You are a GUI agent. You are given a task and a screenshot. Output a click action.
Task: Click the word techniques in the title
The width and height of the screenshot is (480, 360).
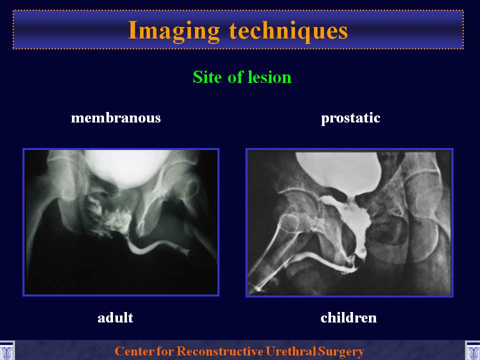[x=288, y=31]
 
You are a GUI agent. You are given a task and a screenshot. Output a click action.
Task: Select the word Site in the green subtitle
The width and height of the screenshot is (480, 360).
[x=207, y=77]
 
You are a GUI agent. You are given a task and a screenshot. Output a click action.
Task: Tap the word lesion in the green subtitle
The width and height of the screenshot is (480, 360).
[x=269, y=77]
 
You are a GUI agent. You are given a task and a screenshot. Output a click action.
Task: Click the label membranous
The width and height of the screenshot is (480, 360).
[x=115, y=118]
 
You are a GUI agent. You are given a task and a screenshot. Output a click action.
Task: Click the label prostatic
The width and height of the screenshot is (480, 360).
[x=350, y=118]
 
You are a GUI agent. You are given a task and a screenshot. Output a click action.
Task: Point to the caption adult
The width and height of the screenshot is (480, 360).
[x=115, y=318]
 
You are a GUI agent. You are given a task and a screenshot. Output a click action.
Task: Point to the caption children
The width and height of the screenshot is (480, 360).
[x=348, y=318]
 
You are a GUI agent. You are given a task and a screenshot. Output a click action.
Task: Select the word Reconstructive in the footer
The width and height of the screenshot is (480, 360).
[x=220, y=351]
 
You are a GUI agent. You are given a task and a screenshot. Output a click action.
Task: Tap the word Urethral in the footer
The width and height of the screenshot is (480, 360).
[x=290, y=351]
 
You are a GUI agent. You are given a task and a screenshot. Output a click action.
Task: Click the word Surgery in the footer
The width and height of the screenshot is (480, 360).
[x=341, y=351]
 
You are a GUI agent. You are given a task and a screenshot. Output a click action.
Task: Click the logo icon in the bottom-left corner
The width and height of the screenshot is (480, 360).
[x=6, y=351]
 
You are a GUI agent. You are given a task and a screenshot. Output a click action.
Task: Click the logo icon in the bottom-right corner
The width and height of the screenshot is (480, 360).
[x=472, y=351]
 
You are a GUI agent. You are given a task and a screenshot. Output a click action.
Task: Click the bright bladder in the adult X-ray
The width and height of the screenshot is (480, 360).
[x=127, y=167]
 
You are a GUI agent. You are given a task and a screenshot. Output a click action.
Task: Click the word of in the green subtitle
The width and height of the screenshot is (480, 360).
[x=235, y=77]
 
